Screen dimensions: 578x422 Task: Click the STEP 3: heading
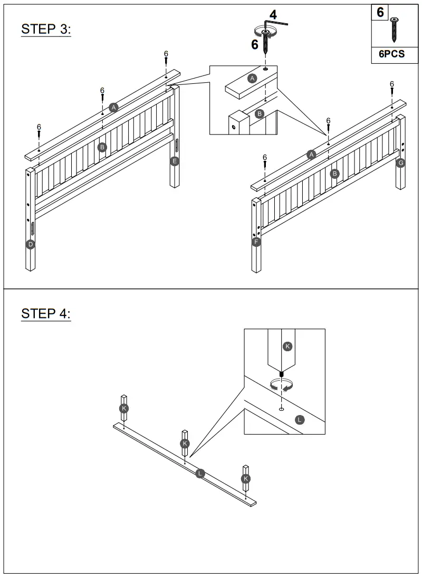(x=46, y=29)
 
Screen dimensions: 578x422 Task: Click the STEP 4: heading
(x=46, y=314)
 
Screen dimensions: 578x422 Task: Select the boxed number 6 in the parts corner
(x=380, y=12)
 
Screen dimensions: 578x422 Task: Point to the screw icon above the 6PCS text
(x=394, y=30)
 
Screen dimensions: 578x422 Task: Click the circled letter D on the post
(x=31, y=244)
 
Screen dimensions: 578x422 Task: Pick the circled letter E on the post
(x=175, y=161)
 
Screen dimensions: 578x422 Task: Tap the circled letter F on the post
(x=257, y=243)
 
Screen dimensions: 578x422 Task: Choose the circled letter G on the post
(x=400, y=162)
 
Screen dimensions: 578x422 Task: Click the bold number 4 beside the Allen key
(x=273, y=15)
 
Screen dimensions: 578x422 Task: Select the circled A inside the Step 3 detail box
(x=252, y=78)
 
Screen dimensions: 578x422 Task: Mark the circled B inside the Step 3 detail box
(x=259, y=113)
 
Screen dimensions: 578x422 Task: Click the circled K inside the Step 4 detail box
(x=287, y=346)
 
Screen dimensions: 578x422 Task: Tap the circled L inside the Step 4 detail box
(x=300, y=420)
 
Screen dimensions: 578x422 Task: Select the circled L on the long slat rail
(x=200, y=473)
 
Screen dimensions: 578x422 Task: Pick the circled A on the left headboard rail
(x=113, y=107)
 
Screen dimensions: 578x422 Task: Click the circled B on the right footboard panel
(x=334, y=173)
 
